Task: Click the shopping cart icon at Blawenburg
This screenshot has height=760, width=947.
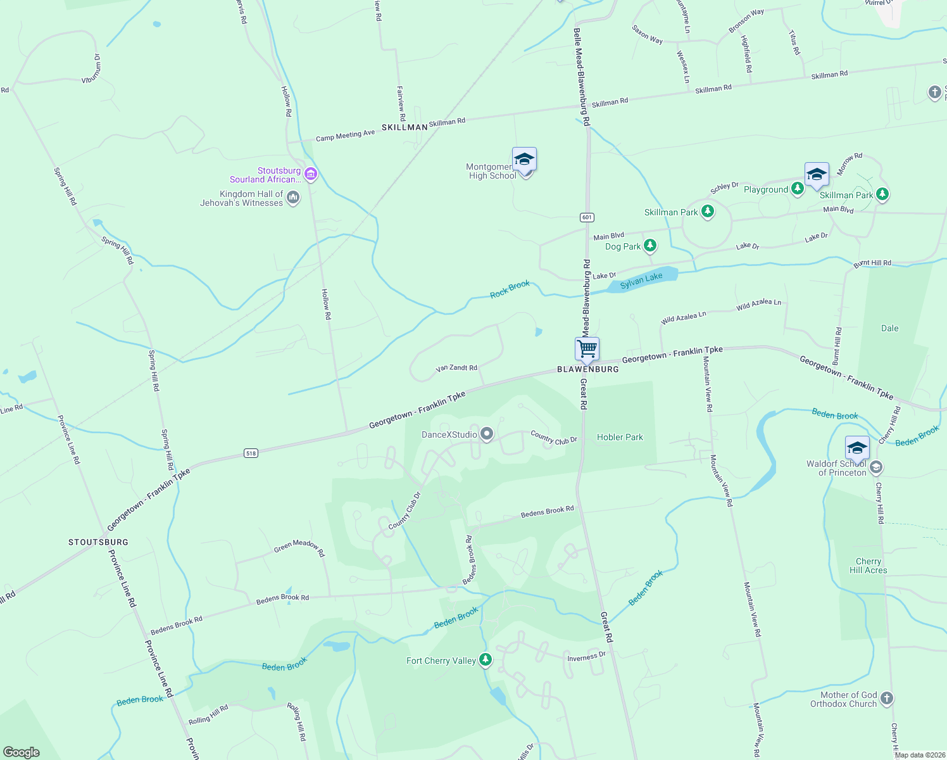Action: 587,348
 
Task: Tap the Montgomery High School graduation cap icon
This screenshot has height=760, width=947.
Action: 524,159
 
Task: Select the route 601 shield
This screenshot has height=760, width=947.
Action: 587,217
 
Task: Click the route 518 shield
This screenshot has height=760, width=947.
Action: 251,453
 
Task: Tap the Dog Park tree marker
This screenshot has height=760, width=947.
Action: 649,246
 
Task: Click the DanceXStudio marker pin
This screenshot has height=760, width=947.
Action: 486,434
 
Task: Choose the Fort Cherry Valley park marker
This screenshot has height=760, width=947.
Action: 486,661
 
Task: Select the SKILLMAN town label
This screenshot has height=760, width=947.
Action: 405,127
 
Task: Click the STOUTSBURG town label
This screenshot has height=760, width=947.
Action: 98,542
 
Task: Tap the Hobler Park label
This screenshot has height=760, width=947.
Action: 620,437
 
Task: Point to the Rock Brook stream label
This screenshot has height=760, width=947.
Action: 510,289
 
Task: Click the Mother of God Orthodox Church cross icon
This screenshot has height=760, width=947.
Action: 886,699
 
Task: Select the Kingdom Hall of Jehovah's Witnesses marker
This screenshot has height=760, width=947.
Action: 293,198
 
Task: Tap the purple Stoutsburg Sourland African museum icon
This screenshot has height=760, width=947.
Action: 310,174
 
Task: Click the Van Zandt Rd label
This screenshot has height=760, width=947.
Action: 456,368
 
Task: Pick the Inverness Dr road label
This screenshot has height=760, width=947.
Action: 586,657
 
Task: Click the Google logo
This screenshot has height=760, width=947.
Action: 22,752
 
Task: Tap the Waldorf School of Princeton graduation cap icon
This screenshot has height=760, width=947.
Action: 856,448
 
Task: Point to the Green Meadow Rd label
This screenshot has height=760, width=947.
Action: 299,547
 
